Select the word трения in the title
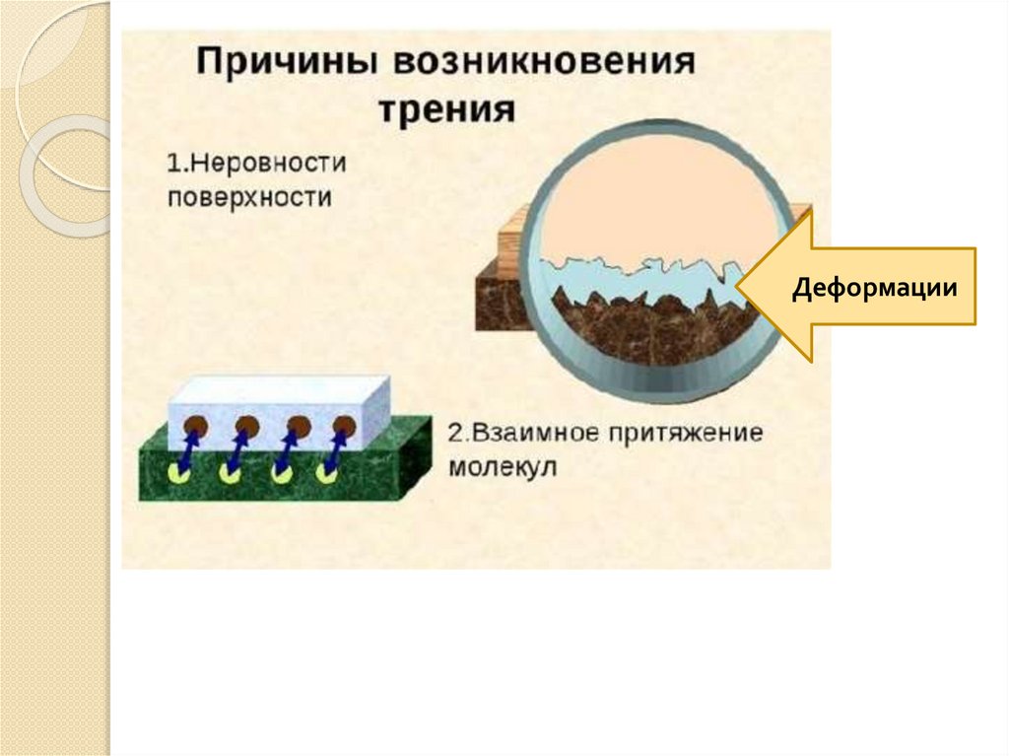tap(449, 107)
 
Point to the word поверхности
tap(249, 195)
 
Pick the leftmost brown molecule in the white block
tap(195, 427)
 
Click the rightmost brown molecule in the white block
tap(343, 427)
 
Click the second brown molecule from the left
tap(245, 427)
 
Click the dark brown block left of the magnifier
tap(497, 300)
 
